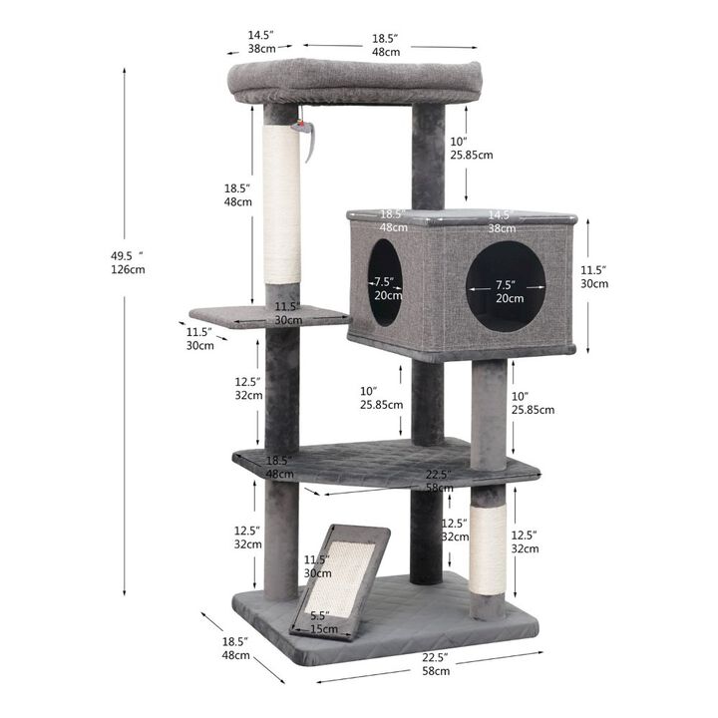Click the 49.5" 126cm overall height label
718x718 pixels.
[128, 262]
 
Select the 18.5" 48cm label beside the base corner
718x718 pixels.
[235, 648]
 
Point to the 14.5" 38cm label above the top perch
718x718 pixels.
[261, 41]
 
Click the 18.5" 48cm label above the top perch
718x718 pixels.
[386, 44]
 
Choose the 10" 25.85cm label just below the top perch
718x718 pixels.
[470, 147]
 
